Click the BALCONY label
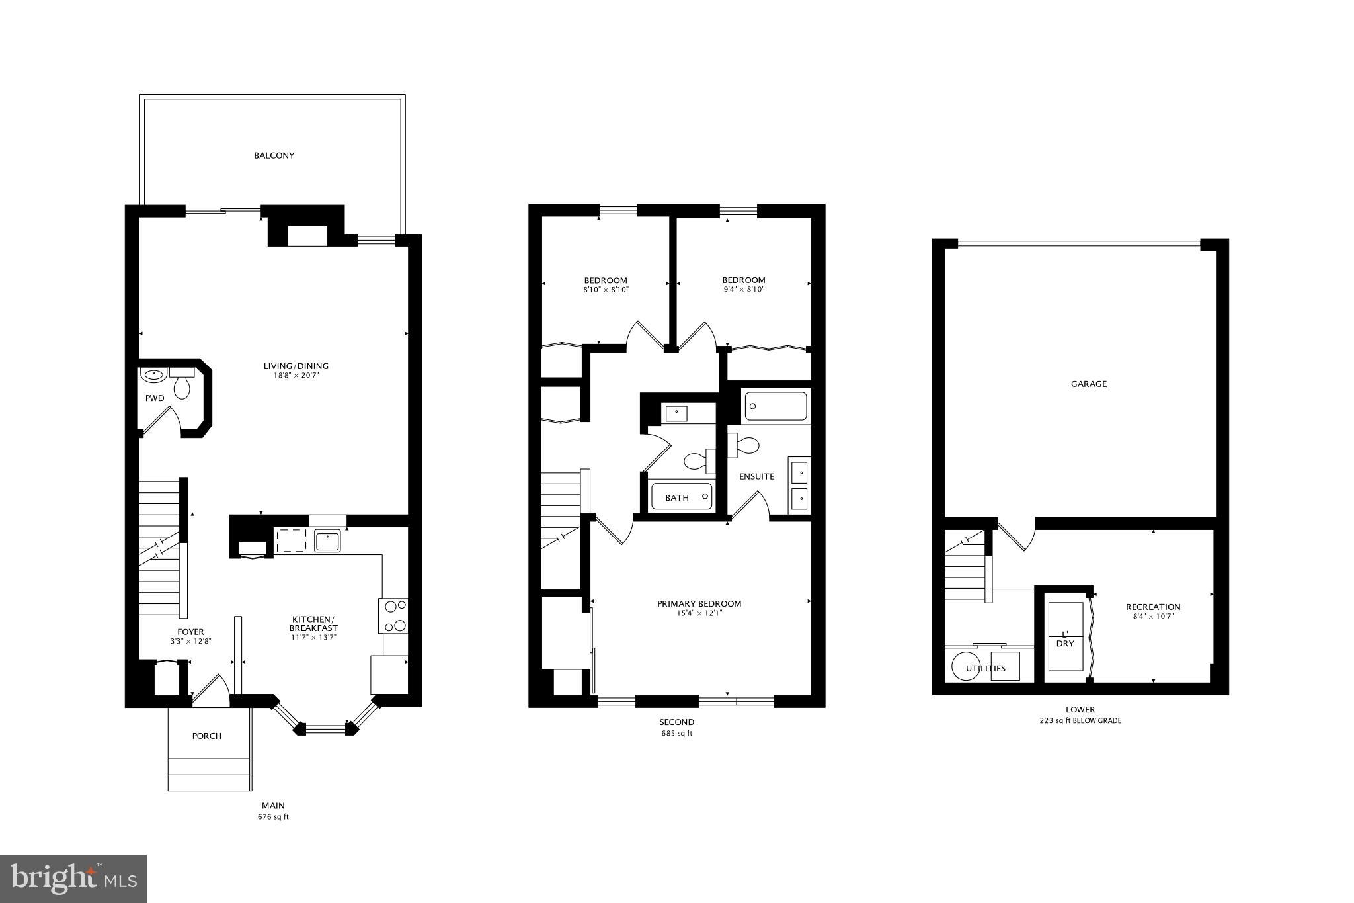274,156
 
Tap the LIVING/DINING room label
296,366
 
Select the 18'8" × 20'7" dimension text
296,376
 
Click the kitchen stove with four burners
393,615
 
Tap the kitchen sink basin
327,541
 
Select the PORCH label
207,736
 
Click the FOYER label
190,632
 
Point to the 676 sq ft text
273,817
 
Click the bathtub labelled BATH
681,496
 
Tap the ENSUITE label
756,476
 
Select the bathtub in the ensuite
776,406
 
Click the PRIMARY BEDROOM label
699,603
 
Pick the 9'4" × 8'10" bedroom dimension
744,290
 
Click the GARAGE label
1088,384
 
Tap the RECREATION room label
1153,607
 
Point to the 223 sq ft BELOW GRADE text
1080,721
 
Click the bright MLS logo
73,879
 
